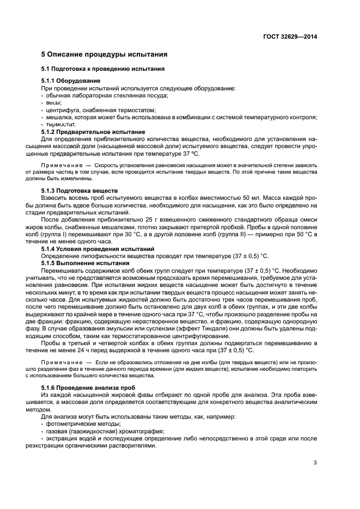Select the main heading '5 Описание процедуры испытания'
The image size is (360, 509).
104,55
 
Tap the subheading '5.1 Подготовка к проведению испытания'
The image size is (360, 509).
103,69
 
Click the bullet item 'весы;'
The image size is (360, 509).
53,102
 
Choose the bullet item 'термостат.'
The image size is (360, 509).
60,124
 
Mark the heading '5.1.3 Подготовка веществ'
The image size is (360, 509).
80,191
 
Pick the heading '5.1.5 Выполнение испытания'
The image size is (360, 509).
86,263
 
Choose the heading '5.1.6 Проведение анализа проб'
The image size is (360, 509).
85,387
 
